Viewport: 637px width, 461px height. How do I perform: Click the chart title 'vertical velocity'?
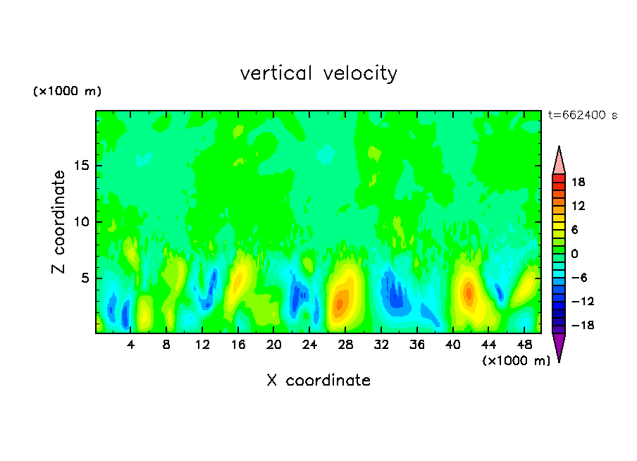point(318,73)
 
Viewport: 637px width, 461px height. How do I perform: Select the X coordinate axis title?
point(318,381)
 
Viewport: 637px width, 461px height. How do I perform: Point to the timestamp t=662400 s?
point(582,115)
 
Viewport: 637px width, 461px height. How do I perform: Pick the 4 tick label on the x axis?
point(131,345)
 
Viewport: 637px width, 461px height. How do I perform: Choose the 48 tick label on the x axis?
point(524,345)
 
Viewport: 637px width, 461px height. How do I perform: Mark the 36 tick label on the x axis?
point(416,345)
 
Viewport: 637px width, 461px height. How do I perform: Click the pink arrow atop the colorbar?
point(559,161)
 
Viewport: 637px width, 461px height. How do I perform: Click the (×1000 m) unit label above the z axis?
point(67,92)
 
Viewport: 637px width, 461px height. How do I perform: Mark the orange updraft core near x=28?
point(340,302)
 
